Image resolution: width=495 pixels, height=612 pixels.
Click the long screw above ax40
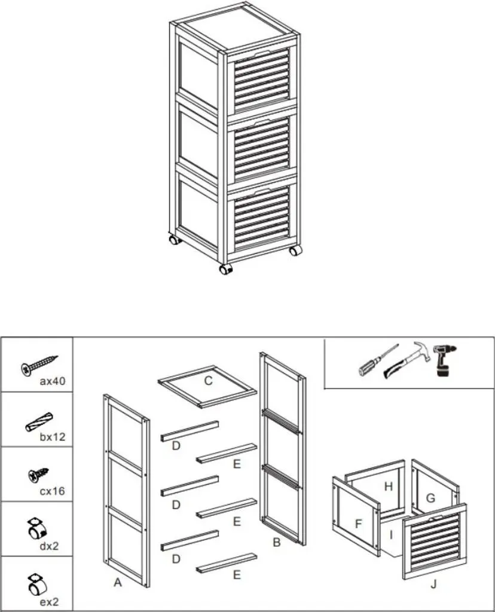click(x=39, y=366)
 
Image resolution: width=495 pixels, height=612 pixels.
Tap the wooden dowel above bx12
click(x=39, y=422)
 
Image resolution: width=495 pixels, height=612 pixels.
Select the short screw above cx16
click(x=38, y=475)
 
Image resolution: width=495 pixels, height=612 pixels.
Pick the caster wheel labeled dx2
click(x=37, y=529)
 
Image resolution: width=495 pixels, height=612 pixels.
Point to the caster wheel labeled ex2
click(x=36, y=585)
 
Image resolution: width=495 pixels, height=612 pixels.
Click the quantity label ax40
click(x=53, y=381)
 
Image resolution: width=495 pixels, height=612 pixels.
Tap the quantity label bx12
click(x=53, y=437)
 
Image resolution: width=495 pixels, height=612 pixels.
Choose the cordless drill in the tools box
click(x=445, y=360)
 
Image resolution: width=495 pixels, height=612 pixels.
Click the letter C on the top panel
click(x=209, y=381)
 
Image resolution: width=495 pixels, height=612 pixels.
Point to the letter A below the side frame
click(x=118, y=583)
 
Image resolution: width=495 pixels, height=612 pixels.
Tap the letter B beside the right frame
click(x=277, y=543)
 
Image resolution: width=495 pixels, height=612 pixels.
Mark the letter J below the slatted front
click(x=433, y=585)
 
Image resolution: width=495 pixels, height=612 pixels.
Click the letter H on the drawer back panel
click(x=388, y=486)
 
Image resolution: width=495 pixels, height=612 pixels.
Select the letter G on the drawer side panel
click(x=430, y=498)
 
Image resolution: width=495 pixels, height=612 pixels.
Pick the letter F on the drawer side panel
click(x=358, y=524)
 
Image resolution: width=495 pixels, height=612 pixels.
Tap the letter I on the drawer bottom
click(x=391, y=535)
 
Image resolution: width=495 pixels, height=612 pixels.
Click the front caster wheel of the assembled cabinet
click(x=225, y=270)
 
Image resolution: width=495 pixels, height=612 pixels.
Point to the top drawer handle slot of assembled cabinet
click(x=259, y=53)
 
